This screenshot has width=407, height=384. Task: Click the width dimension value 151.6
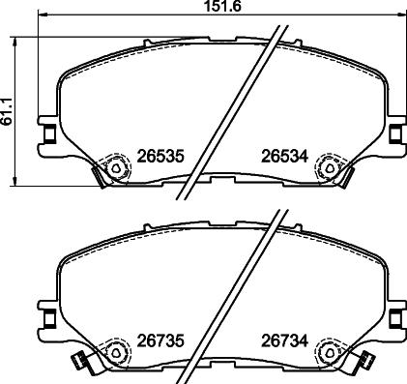[204, 8]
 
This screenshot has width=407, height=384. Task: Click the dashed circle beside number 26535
[115, 168]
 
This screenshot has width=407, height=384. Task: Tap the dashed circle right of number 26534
[332, 168]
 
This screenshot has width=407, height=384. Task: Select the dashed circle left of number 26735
[115, 352]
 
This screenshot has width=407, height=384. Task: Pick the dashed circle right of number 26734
[332, 352]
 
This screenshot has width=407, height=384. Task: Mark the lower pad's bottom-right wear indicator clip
[365, 362]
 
